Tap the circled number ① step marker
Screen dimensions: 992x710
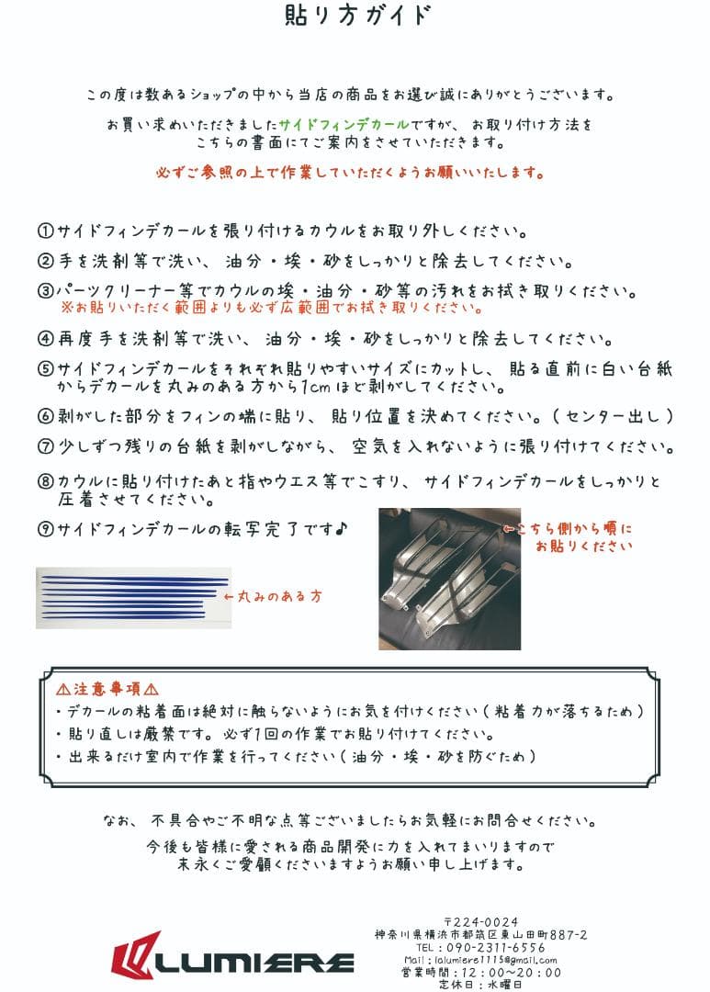(x=46, y=230)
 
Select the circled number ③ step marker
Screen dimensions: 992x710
(x=46, y=291)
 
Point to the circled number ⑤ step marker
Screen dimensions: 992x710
(x=46, y=369)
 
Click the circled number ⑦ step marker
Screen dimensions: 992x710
(x=46, y=448)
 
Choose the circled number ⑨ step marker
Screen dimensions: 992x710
(x=46, y=530)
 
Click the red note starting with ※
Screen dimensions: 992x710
(x=271, y=309)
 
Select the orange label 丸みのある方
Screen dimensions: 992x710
(x=274, y=596)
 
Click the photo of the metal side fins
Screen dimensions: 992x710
(x=449, y=579)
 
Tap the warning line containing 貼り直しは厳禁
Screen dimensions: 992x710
(x=276, y=735)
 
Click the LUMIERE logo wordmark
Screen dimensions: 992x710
(x=233, y=961)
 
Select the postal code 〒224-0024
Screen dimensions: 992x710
(x=480, y=921)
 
